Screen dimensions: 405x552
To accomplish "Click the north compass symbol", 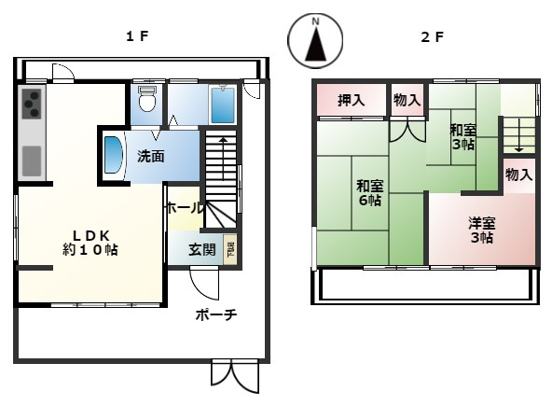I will pos(315,42).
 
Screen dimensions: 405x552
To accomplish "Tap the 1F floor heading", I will pos(138,36).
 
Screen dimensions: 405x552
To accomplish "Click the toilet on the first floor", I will pos(145,101).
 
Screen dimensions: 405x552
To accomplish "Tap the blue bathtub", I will pos(222,106).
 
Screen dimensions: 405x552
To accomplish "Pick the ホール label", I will pos(184,208).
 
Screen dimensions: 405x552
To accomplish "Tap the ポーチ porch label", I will pos(216,315).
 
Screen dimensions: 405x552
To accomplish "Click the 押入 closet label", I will pos(350,100).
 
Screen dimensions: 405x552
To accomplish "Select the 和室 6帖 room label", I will pos(367,192).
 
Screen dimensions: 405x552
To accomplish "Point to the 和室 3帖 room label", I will pos(462,137).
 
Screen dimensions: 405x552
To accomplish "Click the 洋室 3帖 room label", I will pos(481,230).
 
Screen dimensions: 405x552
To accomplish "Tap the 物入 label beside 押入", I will pos(407,100).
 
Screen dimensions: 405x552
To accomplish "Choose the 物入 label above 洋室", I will pos(519,175).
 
